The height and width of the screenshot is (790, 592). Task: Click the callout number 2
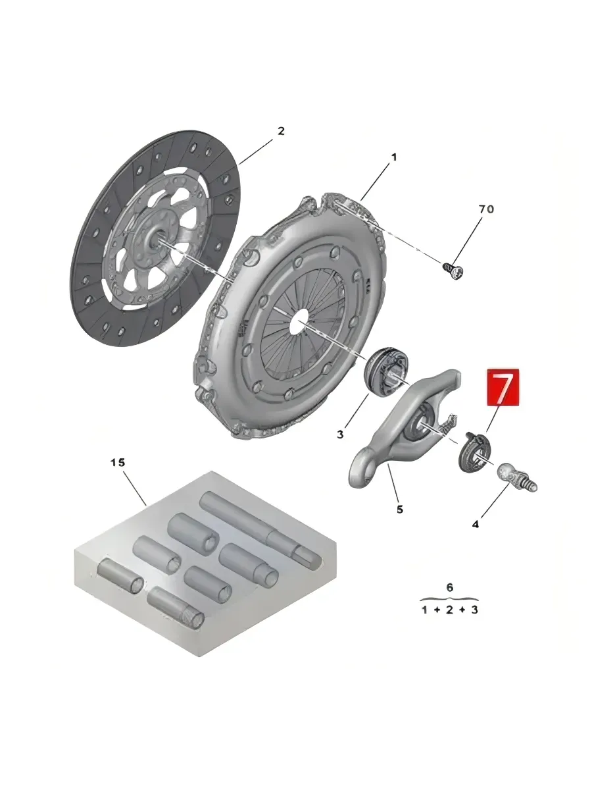[281, 130]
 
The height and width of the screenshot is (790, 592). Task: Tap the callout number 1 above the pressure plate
[393, 157]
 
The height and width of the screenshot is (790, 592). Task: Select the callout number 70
[486, 209]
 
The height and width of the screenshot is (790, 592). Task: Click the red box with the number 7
[503, 387]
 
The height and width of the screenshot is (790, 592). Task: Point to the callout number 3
[340, 434]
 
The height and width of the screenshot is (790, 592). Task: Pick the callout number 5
[400, 510]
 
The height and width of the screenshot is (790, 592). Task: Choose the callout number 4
[475, 525]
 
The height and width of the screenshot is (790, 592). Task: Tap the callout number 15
[118, 463]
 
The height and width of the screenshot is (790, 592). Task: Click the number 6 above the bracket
[450, 588]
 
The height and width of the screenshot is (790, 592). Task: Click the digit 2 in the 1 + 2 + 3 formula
[449, 610]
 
